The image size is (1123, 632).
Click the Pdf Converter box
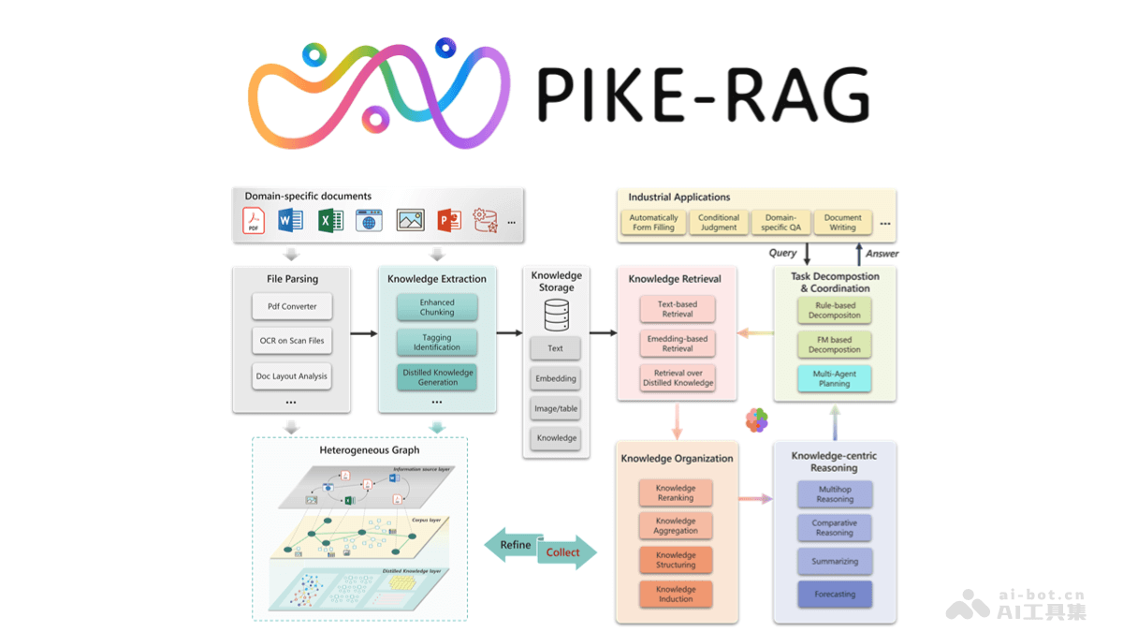click(291, 306)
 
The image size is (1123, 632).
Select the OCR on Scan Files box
click(291, 341)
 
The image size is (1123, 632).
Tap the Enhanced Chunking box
click(437, 307)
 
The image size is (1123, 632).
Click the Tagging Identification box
click(437, 342)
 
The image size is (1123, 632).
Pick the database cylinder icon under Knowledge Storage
click(556, 316)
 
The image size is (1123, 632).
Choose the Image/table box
click(556, 408)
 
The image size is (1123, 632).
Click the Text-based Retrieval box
click(678, 309)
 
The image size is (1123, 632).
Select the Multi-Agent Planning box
click(835, 378)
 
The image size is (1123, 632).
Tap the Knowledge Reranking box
click(676, 493)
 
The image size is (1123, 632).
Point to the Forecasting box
click(835, 594)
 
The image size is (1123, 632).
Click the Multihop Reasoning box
click(835, 493)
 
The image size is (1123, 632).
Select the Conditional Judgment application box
click(719, 222)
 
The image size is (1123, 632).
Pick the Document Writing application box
click(842, 222)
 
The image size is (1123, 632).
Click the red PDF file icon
click(254, 220)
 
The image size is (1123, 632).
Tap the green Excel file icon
click(330, 220)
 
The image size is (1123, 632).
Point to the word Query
click(782, 253)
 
